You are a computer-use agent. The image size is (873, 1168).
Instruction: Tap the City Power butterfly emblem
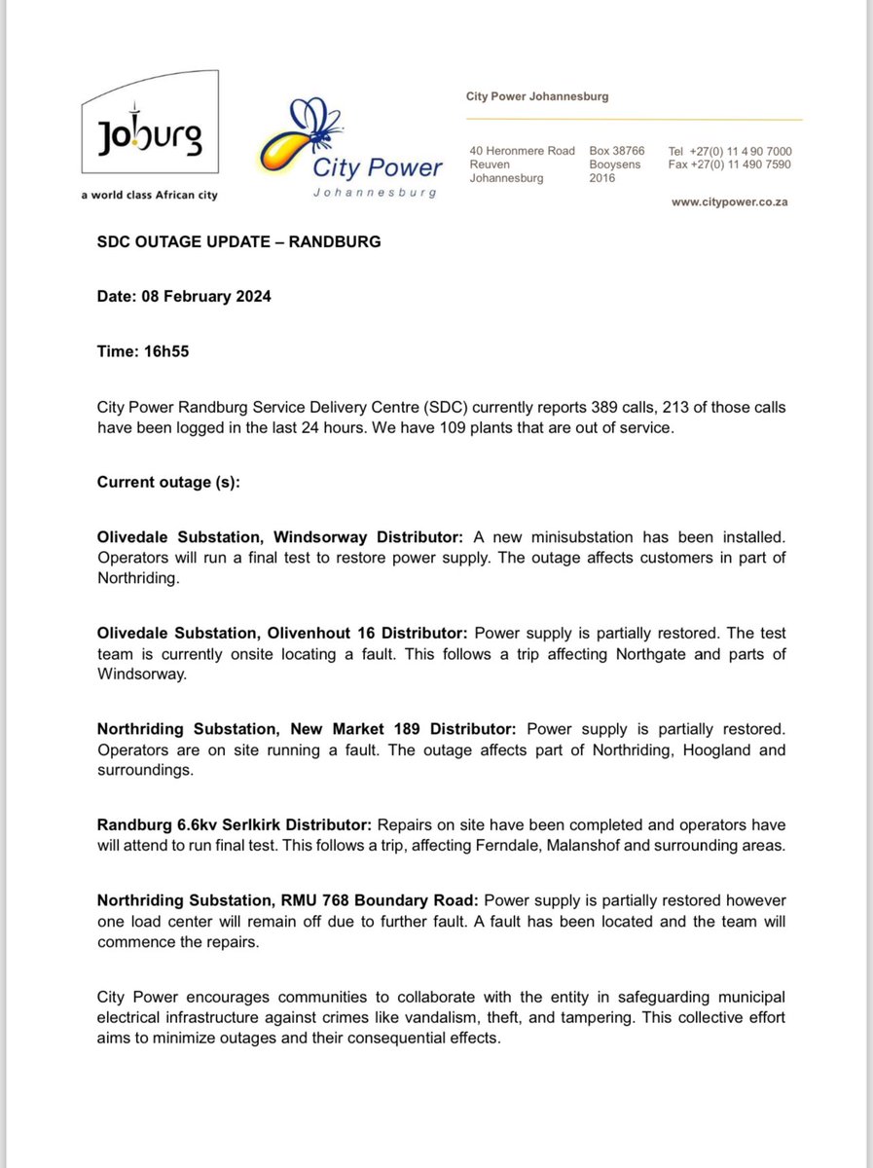pyautogui.click(x=302, y=135)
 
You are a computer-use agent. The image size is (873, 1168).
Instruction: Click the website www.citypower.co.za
pyautogui.click(x=730, y=202)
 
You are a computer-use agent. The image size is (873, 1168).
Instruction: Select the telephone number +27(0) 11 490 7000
pyautogui.click(x=730, y=152)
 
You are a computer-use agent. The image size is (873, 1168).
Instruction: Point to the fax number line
pyautogui.click(x=730, y=164)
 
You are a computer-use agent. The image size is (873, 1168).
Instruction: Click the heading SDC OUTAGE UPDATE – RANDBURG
pyautogui.click(x=238, y=241)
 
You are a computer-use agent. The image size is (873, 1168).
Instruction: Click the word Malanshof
pyautogui.click(x=581, y=846)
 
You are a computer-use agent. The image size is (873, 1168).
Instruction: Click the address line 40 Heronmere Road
pyautogui.click(x=521, y=152)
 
